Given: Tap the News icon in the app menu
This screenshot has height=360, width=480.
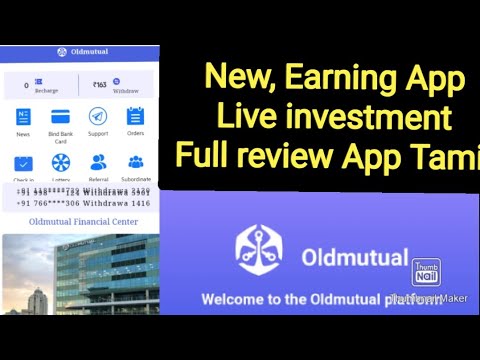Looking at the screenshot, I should point(23,116).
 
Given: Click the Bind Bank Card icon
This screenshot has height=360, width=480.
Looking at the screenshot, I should point(60,116).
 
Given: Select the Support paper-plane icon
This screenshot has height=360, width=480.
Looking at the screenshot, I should point(98,116).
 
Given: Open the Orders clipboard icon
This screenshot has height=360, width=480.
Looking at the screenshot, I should point(136,116).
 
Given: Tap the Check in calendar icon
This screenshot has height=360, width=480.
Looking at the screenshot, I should point(23,162).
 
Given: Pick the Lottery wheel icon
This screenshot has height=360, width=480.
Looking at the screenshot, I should point(60,162).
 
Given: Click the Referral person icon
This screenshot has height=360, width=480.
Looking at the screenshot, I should point(98,162).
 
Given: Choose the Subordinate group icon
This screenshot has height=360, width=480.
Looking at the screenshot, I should point(136,162).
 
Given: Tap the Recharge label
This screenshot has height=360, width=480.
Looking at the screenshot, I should point(46,90).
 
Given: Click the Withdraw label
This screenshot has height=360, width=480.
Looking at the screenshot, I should point(125,90).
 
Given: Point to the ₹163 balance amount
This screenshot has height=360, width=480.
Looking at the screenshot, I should point(99,86).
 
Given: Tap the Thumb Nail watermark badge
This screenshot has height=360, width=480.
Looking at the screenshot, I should point(427,273).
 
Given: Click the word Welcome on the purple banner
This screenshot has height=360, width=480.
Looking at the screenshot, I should point(237,298).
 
